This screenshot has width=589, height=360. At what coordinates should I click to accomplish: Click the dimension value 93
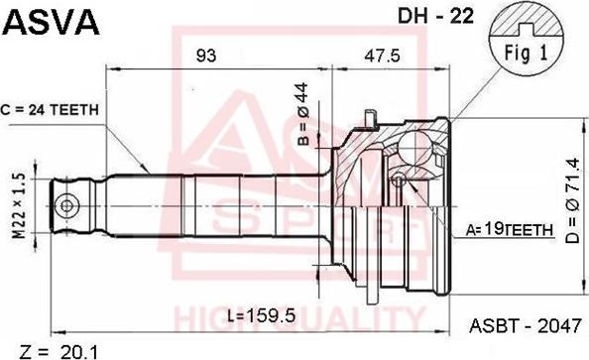206,56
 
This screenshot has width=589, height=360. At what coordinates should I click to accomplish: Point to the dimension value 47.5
382,56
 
